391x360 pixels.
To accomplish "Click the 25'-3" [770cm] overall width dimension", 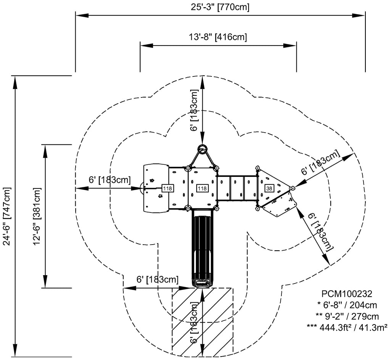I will pyautogui.click(x=221, y=7).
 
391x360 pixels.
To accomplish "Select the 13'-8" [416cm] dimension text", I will pyautogui.click(x=218, y=37).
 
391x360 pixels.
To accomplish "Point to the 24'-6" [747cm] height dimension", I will pyautogui.click(x=7, y=217).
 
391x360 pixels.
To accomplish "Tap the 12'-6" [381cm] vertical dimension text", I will pyautogui.click(x=37, y=216).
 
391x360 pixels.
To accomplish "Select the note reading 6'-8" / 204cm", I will pyautogui.click(x=347, y=305).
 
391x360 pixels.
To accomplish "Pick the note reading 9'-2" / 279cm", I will pyautogui.click(x=347, y=316).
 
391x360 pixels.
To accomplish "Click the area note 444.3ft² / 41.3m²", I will pyautogui.click(x=347, y=327).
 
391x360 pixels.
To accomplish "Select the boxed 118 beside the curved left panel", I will pyautogui.click(x=167, y=188).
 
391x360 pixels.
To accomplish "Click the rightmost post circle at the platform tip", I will pyautogui.click(x=292, y=188).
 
